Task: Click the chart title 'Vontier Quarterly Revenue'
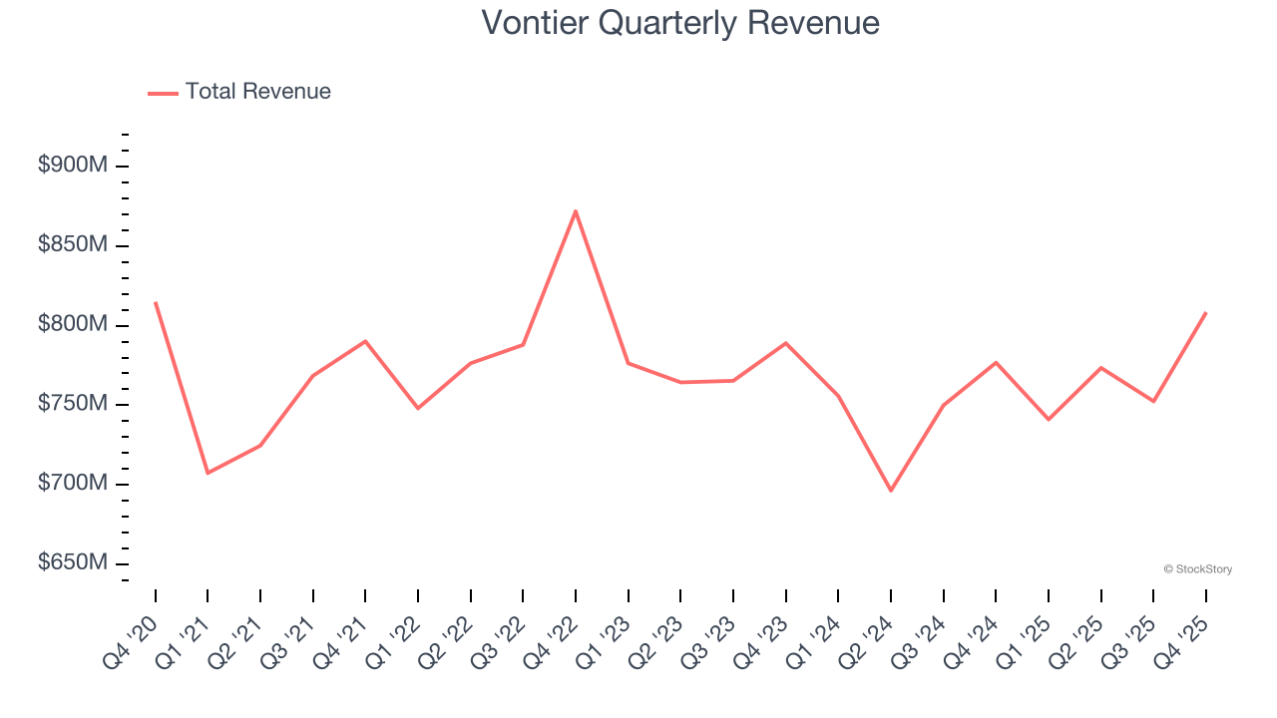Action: click(x=680, y=23)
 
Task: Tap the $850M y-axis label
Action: click(x=72, y=245)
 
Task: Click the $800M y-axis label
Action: click(x=72, y=325)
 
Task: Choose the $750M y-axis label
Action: click(x=72, y=404)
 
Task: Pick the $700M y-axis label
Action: click(x=72, y=484)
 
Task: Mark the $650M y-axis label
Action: click(x=72, y=563)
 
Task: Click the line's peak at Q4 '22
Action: click(x=576, y=210)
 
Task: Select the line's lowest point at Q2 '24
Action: click(x=891, y=491)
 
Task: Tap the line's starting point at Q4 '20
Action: click(x=156, y=302)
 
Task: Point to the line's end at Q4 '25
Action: click(x=1206, y=313)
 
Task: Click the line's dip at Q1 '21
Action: click(x=208, y=473)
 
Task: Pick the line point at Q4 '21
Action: click(x=365, y=341)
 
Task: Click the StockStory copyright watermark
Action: click(x=1198, y=569)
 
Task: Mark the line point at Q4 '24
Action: click(x=996, y=362)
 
